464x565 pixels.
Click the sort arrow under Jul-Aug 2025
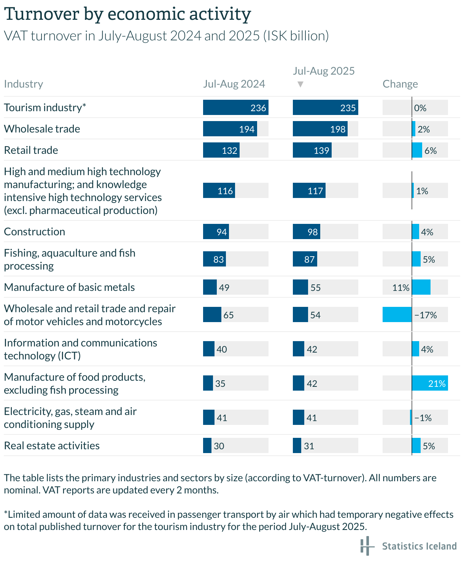click(300, 84)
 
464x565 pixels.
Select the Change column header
click(400, 84)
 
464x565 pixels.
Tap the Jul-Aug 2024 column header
click(234, 84)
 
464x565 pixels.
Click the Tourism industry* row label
click(45, 107)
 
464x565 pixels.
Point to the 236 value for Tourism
click(258, 108)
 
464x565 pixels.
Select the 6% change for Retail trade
click(430, 150)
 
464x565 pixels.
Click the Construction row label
click(35, 231)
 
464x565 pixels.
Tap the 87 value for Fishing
click(309, 259)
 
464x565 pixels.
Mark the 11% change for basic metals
click(401, 287)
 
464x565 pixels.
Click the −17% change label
click(426, 315)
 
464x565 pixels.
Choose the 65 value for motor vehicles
click(228, 315)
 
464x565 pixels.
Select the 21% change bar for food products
click(430, 383)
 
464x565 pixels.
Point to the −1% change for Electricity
click(423, 418)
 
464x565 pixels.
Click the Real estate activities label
click(52, 445)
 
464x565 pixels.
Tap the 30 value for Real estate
click(219, 446)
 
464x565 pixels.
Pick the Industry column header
click(24, 84)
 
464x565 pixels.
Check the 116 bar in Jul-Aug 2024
click(219, 191)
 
